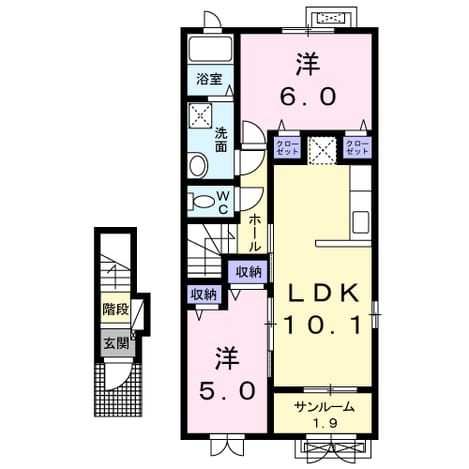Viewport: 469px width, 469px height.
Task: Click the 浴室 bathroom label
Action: tap(209, 79)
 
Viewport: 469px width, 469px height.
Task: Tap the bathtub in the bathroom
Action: tap(210, 49)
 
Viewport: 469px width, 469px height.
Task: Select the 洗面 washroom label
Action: tap(221, 140)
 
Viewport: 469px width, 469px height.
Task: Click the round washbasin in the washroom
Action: tap(197, 165)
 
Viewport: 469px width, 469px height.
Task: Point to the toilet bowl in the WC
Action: tap(202, 202)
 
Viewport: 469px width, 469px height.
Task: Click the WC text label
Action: tap(223, 202)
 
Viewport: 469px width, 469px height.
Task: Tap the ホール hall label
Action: tap(254, 233)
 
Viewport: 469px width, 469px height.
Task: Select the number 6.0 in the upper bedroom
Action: tap(308, 97)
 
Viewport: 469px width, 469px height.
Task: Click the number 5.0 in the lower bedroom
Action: tap(228, 391)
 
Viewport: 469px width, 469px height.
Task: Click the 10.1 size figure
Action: tap(323, 325)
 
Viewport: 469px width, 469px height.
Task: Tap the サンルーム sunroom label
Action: tap(324, 407)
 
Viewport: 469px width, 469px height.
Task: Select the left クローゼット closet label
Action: tap(287, 147)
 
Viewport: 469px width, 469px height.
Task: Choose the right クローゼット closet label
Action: tap(357, 147)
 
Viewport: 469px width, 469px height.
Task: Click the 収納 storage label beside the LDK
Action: tap(248, 273)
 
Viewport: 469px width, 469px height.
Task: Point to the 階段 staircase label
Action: tap(115, 310)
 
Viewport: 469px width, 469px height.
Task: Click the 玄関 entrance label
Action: tap(116, 343)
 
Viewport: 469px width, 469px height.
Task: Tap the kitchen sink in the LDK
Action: tap(361, 222)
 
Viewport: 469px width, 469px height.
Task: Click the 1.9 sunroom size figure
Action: tap(325, 423)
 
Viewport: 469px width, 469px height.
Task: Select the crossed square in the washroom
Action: tap(200, 116)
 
